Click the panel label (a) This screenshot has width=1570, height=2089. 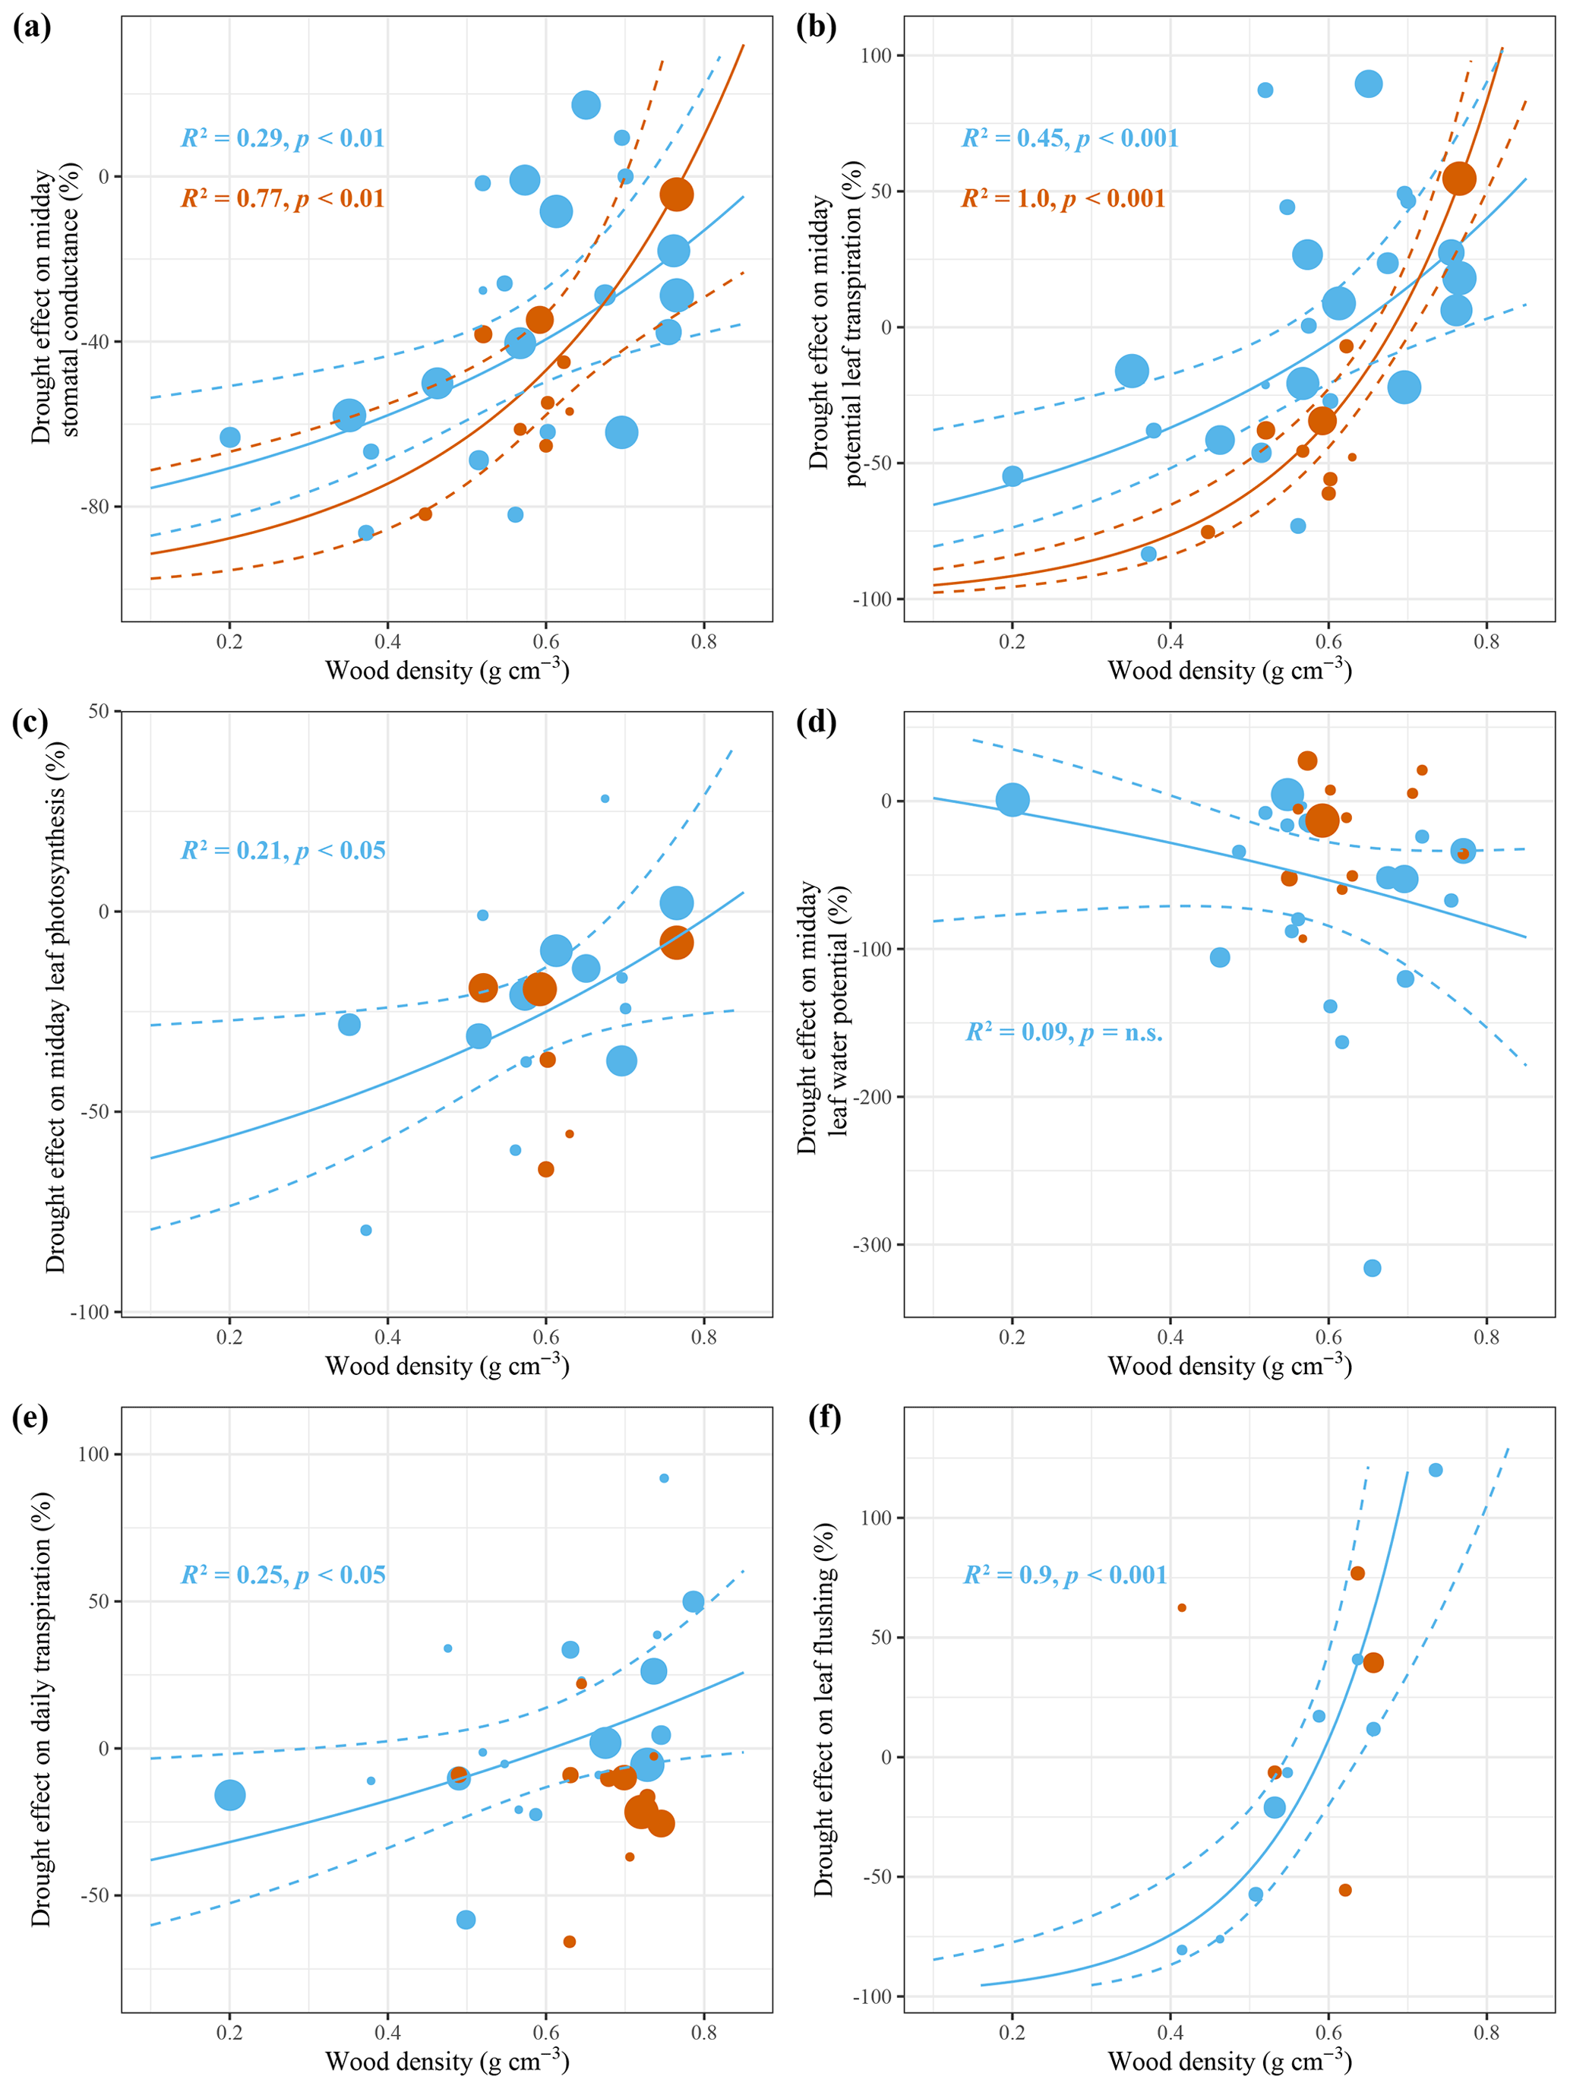pyautogui.click(x=31, y=27)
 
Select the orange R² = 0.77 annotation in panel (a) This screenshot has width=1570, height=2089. pyautogui.click(x=283, y=199)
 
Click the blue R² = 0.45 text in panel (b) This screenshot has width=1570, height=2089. pyautogui.click(x=1069, y=139)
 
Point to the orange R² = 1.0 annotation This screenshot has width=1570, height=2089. pyautogui.click(x=1063, y=199)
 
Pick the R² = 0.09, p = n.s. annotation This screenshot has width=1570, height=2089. pyautogui.click(x=1064, y=1033)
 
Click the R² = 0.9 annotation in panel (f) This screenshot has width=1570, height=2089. pyautogui.click(x=1065, y=1575)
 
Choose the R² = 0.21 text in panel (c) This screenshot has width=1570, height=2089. pyautogui.click(x=283, y=851)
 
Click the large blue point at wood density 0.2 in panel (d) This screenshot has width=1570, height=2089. pyautogui.click(x=1012, y=800)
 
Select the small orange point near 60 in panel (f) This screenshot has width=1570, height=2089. pyautogui.click(x=1182, y=1608)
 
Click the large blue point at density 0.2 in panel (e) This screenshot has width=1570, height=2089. pyautogui.click(x=229, y=1795)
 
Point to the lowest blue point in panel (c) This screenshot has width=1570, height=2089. pyautogui.click(x=365, y=1231)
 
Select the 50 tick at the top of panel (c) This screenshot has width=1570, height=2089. pyautogui.click(x=98, y=711)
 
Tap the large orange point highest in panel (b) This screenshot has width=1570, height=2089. pyautogui.click(x=1458, y=179)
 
